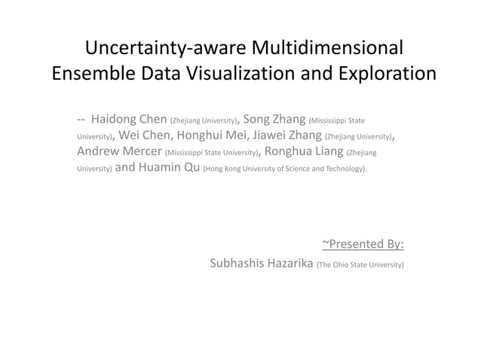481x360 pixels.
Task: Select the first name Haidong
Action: [x=113, y=119]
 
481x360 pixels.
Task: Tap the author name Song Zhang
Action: [x=275, y=119]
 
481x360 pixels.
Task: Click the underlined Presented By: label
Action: [x=363, y=243]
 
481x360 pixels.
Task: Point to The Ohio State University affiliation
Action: [x=360, y=265]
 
